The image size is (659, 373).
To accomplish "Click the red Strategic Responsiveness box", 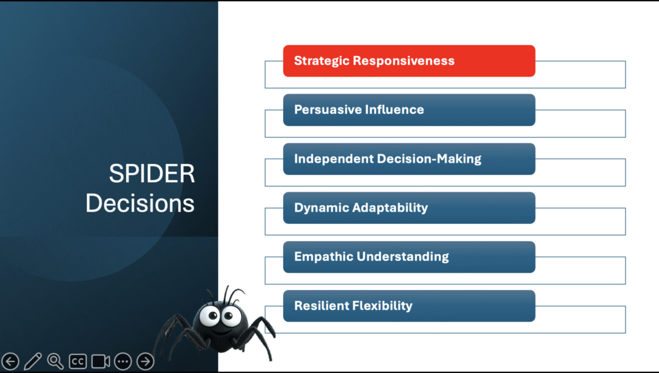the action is pyautogui.click(x=409, y=61).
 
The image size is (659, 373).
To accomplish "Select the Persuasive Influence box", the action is pyautogui.click(x=409, y=110).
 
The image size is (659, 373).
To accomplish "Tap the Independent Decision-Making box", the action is pyautogui.click(x=409, y=159).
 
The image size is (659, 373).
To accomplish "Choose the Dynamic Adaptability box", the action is pyautogui.click(x=409, y=208).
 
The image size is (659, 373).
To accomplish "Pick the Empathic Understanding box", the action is pyautogui.click(x=409, y=257).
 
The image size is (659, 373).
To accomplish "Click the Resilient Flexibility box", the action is pyautogui.click(x=409, y=306).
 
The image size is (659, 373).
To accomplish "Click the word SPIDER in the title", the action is pyautogui.click(x=152, y=174).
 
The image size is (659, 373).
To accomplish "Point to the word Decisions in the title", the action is pyautogui.click(x=140, y=203).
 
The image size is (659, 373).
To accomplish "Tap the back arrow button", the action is pyautogui.click(x=10, y=361).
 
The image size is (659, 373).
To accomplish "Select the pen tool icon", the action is pyautogui.click(x=33, y=361).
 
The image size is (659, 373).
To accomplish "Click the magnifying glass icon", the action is pyautogui.click(x=55, y=361).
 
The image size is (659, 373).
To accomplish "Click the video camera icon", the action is pyautogui.click(x=100, y=361).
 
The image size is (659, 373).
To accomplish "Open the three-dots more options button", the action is pyautogui.click(x=123, y=361).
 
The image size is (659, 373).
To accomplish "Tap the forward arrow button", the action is pyautogui.click(x=145, y=361).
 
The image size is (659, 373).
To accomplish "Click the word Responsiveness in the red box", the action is pyautogui.click(x=404, y=61).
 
